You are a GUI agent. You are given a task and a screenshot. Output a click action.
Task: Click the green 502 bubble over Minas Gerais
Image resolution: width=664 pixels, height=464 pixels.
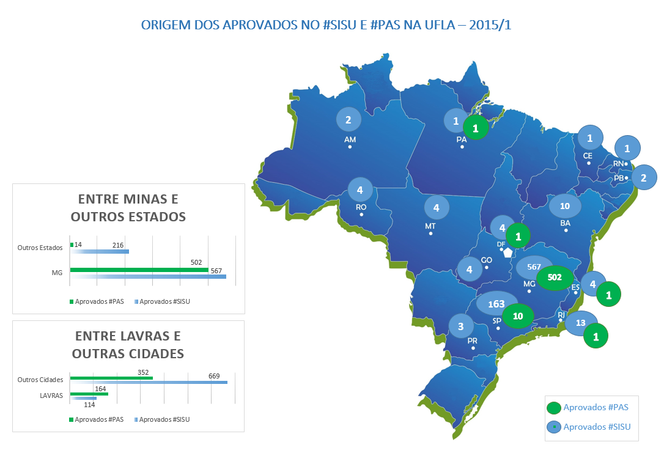(555, 277)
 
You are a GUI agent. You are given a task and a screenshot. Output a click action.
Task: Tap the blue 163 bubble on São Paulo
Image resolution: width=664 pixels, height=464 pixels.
(496, 304)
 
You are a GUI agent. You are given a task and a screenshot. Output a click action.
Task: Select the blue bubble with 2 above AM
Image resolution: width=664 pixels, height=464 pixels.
(349, 120)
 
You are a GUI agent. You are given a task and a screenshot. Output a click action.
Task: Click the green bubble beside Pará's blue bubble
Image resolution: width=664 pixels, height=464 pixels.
(476, 128)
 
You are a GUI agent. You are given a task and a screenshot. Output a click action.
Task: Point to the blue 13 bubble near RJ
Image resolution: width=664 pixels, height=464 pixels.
(581, 323)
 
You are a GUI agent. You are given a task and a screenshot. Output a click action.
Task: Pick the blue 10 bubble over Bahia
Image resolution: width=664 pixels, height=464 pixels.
(564, 206)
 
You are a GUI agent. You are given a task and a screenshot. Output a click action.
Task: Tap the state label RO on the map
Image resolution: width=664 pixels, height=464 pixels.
(361, 207)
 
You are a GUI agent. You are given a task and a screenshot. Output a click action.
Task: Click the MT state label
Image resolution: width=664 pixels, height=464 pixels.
(430, 226)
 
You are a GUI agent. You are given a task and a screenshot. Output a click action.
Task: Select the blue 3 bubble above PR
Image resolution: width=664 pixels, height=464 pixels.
(460, 326)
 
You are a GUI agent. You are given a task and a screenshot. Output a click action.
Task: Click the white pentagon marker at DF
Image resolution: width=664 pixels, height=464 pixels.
(507, 251)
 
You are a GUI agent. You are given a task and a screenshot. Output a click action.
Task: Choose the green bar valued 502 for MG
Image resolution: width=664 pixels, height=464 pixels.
(139, 270)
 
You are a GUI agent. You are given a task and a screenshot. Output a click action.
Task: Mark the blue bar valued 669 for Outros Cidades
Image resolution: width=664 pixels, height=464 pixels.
(149, 382)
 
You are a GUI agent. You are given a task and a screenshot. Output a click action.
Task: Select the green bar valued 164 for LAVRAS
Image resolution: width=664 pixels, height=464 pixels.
(89, 394)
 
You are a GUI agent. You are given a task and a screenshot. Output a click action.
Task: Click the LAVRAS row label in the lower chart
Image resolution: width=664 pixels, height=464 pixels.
(51, 396)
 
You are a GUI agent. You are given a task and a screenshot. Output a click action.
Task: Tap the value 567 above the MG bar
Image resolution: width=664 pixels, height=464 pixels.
(215, 271)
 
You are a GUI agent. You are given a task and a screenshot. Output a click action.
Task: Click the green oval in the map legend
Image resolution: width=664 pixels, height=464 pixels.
(554, 408)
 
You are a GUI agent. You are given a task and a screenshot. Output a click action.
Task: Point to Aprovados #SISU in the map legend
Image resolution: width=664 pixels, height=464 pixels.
(597, 427)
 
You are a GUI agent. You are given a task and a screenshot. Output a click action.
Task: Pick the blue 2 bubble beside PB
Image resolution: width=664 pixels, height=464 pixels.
(643, 178)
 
